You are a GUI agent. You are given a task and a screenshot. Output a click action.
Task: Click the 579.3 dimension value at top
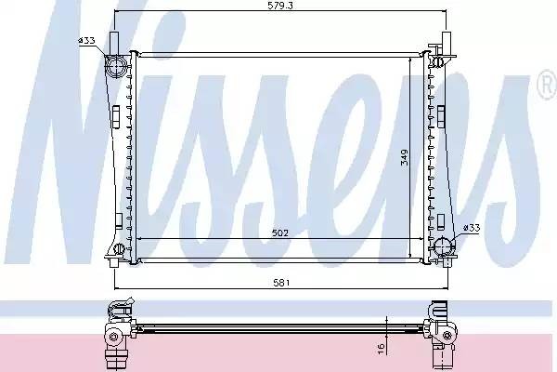click(x=280, y=6)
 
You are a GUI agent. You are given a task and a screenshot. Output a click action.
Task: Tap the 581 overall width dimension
click(x=281, y=283)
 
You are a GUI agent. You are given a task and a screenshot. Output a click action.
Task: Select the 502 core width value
click(x=280, y=233)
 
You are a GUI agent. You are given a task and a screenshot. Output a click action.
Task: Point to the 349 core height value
click(x=404, y=157)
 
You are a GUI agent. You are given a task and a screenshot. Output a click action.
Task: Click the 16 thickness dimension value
click(x=381, y=348)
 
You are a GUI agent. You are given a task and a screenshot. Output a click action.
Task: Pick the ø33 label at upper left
click(x=86, y=41)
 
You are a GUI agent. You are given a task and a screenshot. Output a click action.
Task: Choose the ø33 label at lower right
click(x=472, y=228)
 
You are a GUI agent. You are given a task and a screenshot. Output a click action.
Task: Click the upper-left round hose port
click(x=116, y=67)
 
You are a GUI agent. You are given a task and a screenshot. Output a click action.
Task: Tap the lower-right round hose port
click(x=445, y=246)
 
